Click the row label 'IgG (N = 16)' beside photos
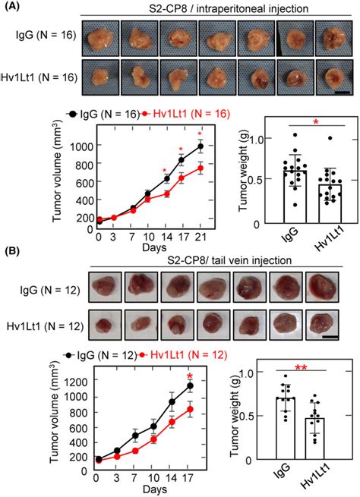[40, 36]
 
